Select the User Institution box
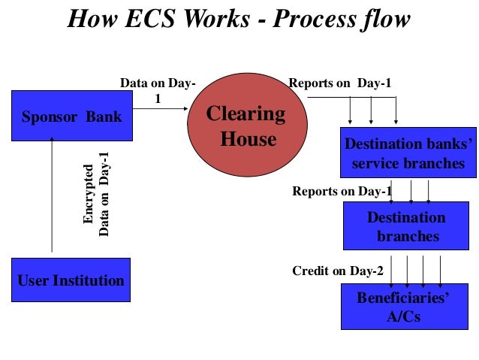(x=71, y=281)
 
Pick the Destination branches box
(x=406, y=226)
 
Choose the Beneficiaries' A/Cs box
(x=403, y=307)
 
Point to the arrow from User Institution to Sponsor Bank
(x=52, y=195)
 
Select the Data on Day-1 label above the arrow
(x=158, y=89)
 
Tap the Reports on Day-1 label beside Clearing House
(x=340, y=83)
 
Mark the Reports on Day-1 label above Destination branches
(x=342, y=192)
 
